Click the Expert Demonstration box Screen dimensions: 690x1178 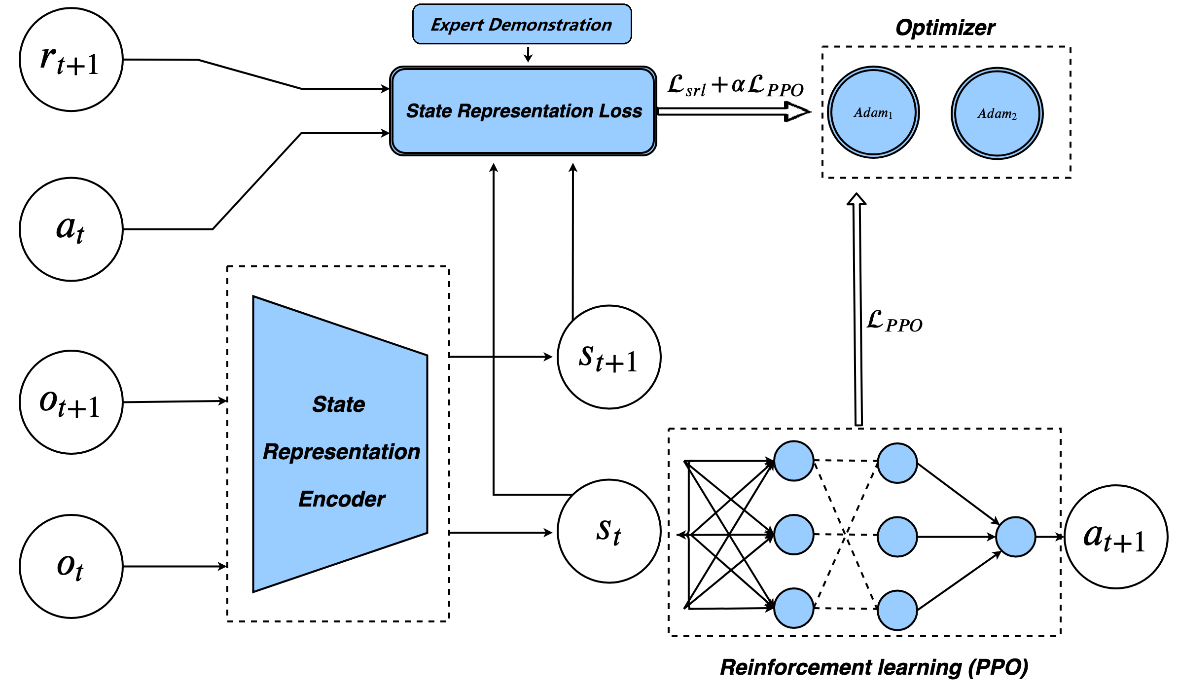click(x=522, y=24)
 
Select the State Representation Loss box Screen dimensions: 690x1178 click(x=523, y=111)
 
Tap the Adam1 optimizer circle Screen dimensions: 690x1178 click(x=873, y=112)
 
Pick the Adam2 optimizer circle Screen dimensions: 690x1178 click(x=997, y=113)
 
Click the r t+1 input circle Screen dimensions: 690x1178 click(x=71, y=60)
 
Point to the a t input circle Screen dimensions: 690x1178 click(x=71, y=229)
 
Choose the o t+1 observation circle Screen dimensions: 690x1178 click(x=71, y=402)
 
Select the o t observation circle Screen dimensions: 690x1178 click(x=71, y=566)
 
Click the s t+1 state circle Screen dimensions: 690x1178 click(x=609, y=357)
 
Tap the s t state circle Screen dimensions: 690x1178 click(x=609, y=531)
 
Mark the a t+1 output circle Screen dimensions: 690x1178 click(x=1116, y=537)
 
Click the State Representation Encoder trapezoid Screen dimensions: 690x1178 click(x=340, y=444)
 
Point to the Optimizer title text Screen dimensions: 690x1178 click(x=945, y=28)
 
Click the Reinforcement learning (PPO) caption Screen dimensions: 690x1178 click(x=874, y=667)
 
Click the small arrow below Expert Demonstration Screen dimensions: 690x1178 click(x=528, y=55)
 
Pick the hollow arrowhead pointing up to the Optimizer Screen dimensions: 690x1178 click(x=857, y=199)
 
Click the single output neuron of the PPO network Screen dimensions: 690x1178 click(x=1015, y=537)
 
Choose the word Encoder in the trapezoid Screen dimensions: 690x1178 click(x=342, y=499)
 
